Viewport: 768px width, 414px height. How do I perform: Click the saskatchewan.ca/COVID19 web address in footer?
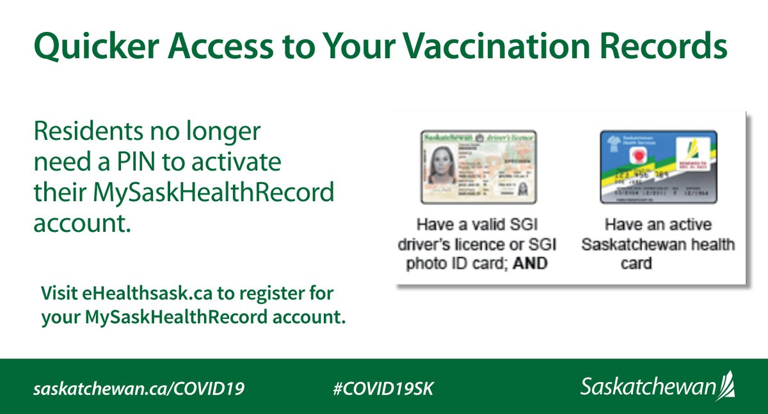coord(139,388)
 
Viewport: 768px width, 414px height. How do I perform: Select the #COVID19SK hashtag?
coord(383,388)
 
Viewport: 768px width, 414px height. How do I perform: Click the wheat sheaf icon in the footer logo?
coord(727,386)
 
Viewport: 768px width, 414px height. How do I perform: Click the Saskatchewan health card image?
coord(659,167)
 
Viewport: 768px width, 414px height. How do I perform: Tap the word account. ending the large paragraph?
coord(78,223)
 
